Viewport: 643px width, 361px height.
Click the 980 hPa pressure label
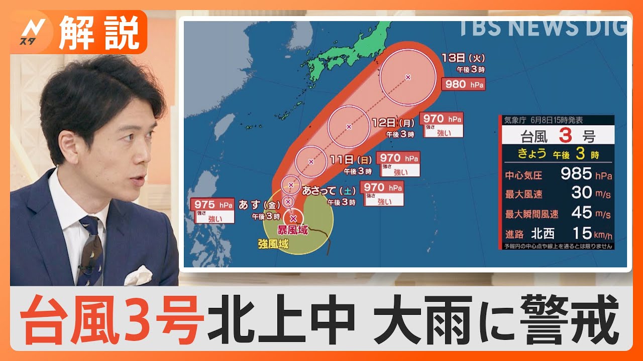pyautogui.click(x=463, y=84)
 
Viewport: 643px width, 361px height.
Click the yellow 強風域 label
pyautogui.click(x=273, y=244)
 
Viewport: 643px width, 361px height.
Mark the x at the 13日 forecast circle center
pyautogui.click(x=407, y=77)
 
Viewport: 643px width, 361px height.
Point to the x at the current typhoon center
pyautogui.click(x=293, y=218)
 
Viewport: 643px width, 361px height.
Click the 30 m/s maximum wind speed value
pyautogui.click(x=582, y=193)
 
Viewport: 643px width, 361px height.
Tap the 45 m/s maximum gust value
pyautogui.click(x=582, y=213)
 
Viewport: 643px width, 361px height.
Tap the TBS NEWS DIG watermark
pyautogui.click(x=543, y=28)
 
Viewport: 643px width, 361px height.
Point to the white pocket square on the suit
pyautogui.click(x=138, y=276)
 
